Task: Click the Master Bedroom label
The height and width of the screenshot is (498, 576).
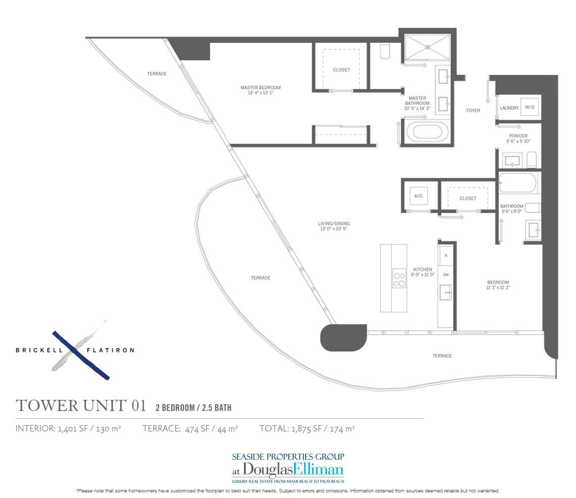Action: [x=260, y=88]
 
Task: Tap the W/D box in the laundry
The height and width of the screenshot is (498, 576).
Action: [x=529, y=107]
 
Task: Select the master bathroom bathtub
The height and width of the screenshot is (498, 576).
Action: [x=430, y=132]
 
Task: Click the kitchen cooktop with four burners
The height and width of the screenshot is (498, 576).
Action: [x=399, y=279]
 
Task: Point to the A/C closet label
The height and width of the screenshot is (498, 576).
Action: [x=418, y=196]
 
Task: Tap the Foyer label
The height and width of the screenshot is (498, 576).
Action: [x=473, y=110]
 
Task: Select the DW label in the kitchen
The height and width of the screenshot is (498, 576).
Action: [x=446, y=275]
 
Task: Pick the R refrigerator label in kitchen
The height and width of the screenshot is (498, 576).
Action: [x=446, y=256]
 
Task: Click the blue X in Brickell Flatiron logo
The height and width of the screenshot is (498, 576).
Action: [x=81, y=355]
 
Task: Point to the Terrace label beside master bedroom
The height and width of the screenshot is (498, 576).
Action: [x=157, y=74]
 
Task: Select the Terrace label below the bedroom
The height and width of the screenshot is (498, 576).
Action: [x=442, y=356]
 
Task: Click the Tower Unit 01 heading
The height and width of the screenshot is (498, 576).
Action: [x=81, y=405]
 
